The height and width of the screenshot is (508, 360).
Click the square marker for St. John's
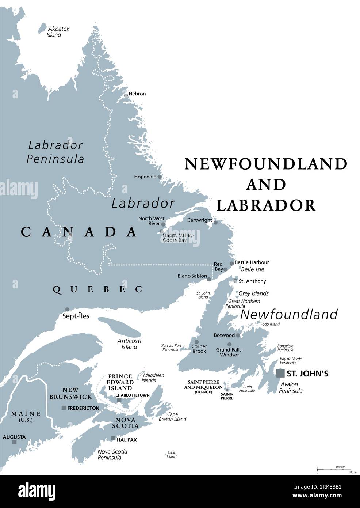point(280,373)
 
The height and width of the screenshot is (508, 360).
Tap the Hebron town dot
point(126,95)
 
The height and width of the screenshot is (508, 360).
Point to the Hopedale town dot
point(159,177)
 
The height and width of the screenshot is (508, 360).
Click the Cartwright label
point(199,220)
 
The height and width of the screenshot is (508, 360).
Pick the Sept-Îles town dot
point(67,309)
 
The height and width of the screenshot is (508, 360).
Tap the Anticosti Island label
point(129,344)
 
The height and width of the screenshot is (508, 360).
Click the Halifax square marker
point(114,438)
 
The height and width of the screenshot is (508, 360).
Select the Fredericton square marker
point(64,407)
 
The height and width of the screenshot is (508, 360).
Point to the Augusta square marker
point(14,442)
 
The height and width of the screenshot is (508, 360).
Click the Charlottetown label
point(132,395)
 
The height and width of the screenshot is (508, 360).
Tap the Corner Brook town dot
point(196,342)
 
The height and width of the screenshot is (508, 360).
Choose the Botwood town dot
point(238,335)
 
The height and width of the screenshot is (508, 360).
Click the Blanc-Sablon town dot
point(209,279)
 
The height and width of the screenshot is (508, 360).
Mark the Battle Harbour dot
point(231,264)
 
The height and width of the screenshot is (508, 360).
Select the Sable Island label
point(171,455)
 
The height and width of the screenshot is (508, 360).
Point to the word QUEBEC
point(97,289)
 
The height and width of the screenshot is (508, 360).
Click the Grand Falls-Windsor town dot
point(229,344)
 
